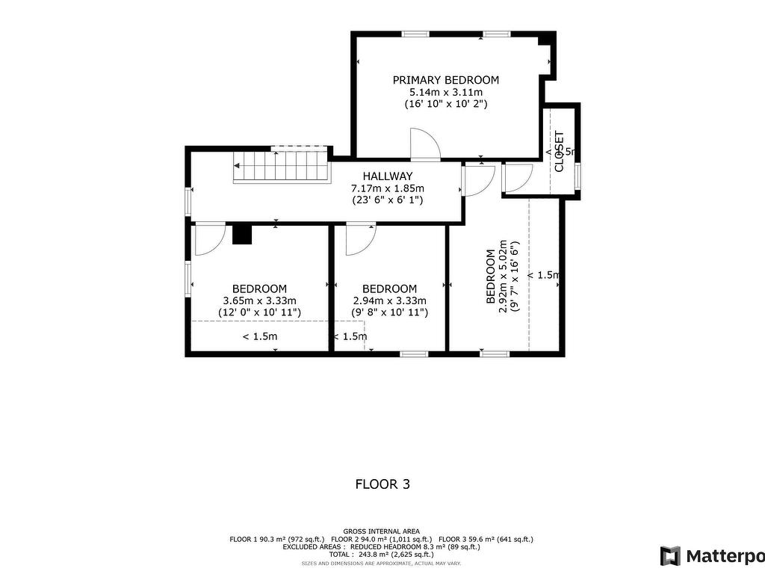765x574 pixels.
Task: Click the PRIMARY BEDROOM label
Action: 446,80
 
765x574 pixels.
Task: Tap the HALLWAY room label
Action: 388,176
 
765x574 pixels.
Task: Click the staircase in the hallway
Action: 283,165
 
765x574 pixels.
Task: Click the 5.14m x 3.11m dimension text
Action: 446,93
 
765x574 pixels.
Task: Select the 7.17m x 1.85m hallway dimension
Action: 388,188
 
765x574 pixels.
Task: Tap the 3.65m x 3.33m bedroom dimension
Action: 259,301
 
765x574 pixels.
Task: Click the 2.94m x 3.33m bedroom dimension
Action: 389,301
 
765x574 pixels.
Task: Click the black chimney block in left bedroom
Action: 241,234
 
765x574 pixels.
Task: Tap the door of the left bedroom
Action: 208,238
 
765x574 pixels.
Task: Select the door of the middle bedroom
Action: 360,238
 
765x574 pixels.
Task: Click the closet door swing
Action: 517,177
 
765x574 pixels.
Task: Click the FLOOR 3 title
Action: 382,484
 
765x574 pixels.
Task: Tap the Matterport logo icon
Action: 670,556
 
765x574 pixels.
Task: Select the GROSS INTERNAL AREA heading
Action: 381,530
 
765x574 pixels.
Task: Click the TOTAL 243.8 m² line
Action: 381,555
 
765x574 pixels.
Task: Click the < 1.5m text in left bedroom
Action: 259,336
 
